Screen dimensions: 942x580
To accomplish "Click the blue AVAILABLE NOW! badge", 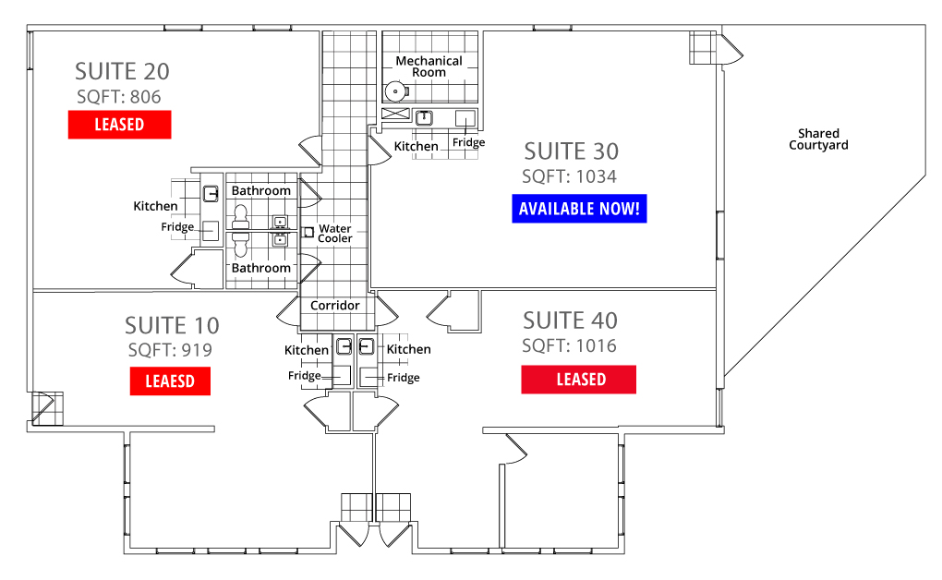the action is [579, 209].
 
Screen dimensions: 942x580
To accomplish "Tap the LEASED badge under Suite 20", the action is [119, 125].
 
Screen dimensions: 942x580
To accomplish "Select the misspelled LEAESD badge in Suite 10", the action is [170, 381].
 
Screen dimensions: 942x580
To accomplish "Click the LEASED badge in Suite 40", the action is [578, 380].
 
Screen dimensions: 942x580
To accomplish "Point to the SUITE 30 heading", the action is [572, 151].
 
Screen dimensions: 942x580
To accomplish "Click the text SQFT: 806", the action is [119, 97].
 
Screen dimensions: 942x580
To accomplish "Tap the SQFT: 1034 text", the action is [569, 176].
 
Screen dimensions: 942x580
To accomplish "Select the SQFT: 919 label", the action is [170, 350].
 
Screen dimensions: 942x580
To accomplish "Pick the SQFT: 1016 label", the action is [569, 345].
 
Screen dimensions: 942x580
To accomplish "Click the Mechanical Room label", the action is [429, 66].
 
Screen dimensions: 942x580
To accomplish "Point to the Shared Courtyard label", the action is [818, 139].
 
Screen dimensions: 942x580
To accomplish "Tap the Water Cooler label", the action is [335, 234].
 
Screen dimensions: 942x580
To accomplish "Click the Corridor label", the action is [334, 306].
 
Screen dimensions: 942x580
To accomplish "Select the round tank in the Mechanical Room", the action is [394, 91].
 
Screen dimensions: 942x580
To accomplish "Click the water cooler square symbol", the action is [308, 232].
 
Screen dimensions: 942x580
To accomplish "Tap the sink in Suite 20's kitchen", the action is [211, 194].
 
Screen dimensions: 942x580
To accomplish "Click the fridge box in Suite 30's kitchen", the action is [465, 118].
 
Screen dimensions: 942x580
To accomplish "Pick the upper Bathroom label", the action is [260, 190].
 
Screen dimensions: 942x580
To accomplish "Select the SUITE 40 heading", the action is [570, 321].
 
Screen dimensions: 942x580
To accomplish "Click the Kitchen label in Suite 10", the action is [307, 350].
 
